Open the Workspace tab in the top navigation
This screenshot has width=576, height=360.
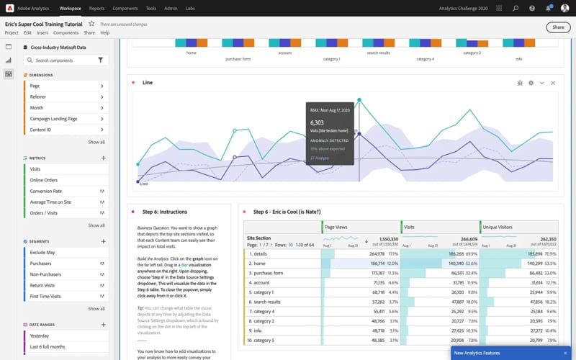(x=70, y=8)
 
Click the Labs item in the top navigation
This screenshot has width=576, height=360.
(x=190, y=8)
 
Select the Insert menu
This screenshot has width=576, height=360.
(x=42, y=33)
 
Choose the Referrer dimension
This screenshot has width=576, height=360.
(x=38, y=96)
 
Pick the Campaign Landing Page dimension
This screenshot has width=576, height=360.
(x=53, y=119)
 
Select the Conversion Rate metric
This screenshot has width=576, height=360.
(x=45, y=191)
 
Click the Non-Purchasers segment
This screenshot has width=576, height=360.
(x=46, y=274)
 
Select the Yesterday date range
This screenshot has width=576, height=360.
(x=40, y=336)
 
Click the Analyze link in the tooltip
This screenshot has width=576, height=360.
(x=320, y=158)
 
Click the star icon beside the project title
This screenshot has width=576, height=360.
(x=91, y=24)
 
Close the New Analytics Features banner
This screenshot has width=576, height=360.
(x=565, y=353)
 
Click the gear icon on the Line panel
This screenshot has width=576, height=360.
(x=531, y=83)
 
